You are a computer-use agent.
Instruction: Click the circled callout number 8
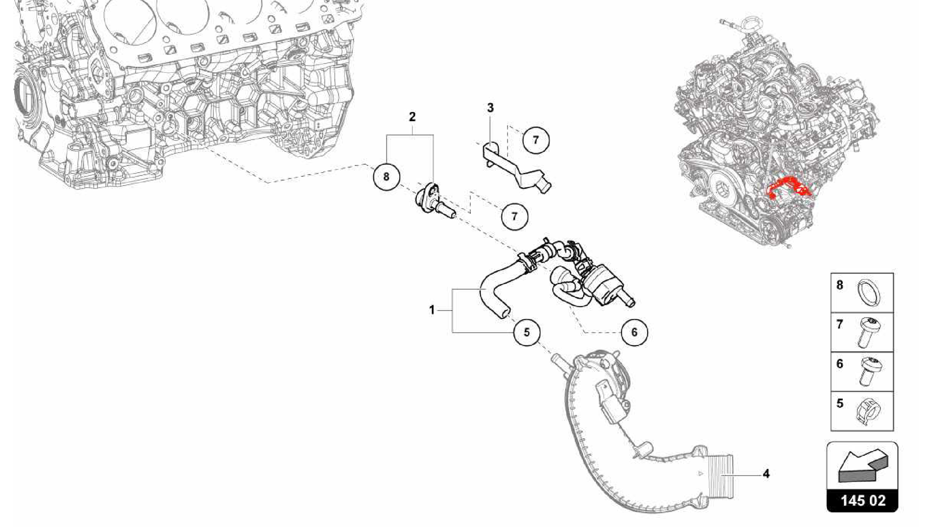(386, 176)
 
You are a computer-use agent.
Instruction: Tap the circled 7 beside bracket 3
(536, 140)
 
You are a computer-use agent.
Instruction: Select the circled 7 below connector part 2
(514, 216)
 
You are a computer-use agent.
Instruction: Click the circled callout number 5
(526, 333)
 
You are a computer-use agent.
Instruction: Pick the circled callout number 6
(634, 333)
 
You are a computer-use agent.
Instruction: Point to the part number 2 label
(412, 117)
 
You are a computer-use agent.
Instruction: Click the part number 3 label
(490, 108)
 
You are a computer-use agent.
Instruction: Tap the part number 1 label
(432, 310)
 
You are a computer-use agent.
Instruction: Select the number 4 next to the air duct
(766, 474)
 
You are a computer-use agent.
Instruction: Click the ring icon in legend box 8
(869, 293)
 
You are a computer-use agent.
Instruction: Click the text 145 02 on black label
(862, 501)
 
